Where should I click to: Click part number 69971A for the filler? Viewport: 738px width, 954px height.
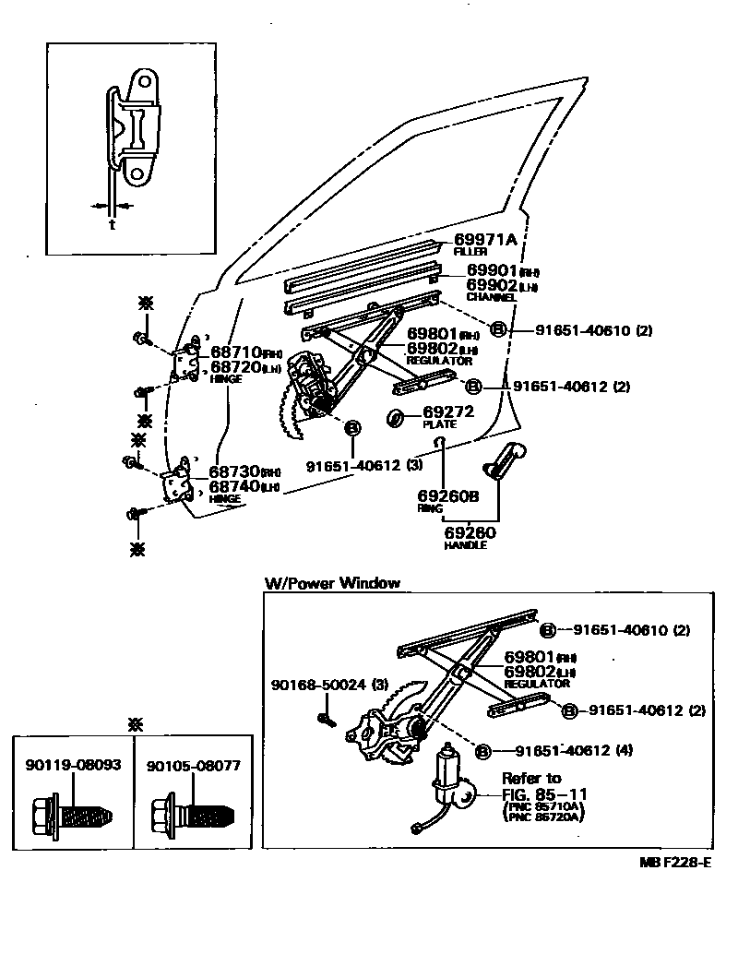point(485,239)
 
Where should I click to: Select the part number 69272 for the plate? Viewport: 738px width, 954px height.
point(446,413)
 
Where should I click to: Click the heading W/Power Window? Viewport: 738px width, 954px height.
point(332,582)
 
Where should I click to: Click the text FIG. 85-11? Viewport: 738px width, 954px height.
point(544,793)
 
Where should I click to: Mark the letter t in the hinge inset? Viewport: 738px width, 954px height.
point(112,223)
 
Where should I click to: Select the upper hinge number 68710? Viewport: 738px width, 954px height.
point(234,352)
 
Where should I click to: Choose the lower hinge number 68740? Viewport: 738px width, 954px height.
point(234,486)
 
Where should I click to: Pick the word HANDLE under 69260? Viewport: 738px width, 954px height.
point(464,545)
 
